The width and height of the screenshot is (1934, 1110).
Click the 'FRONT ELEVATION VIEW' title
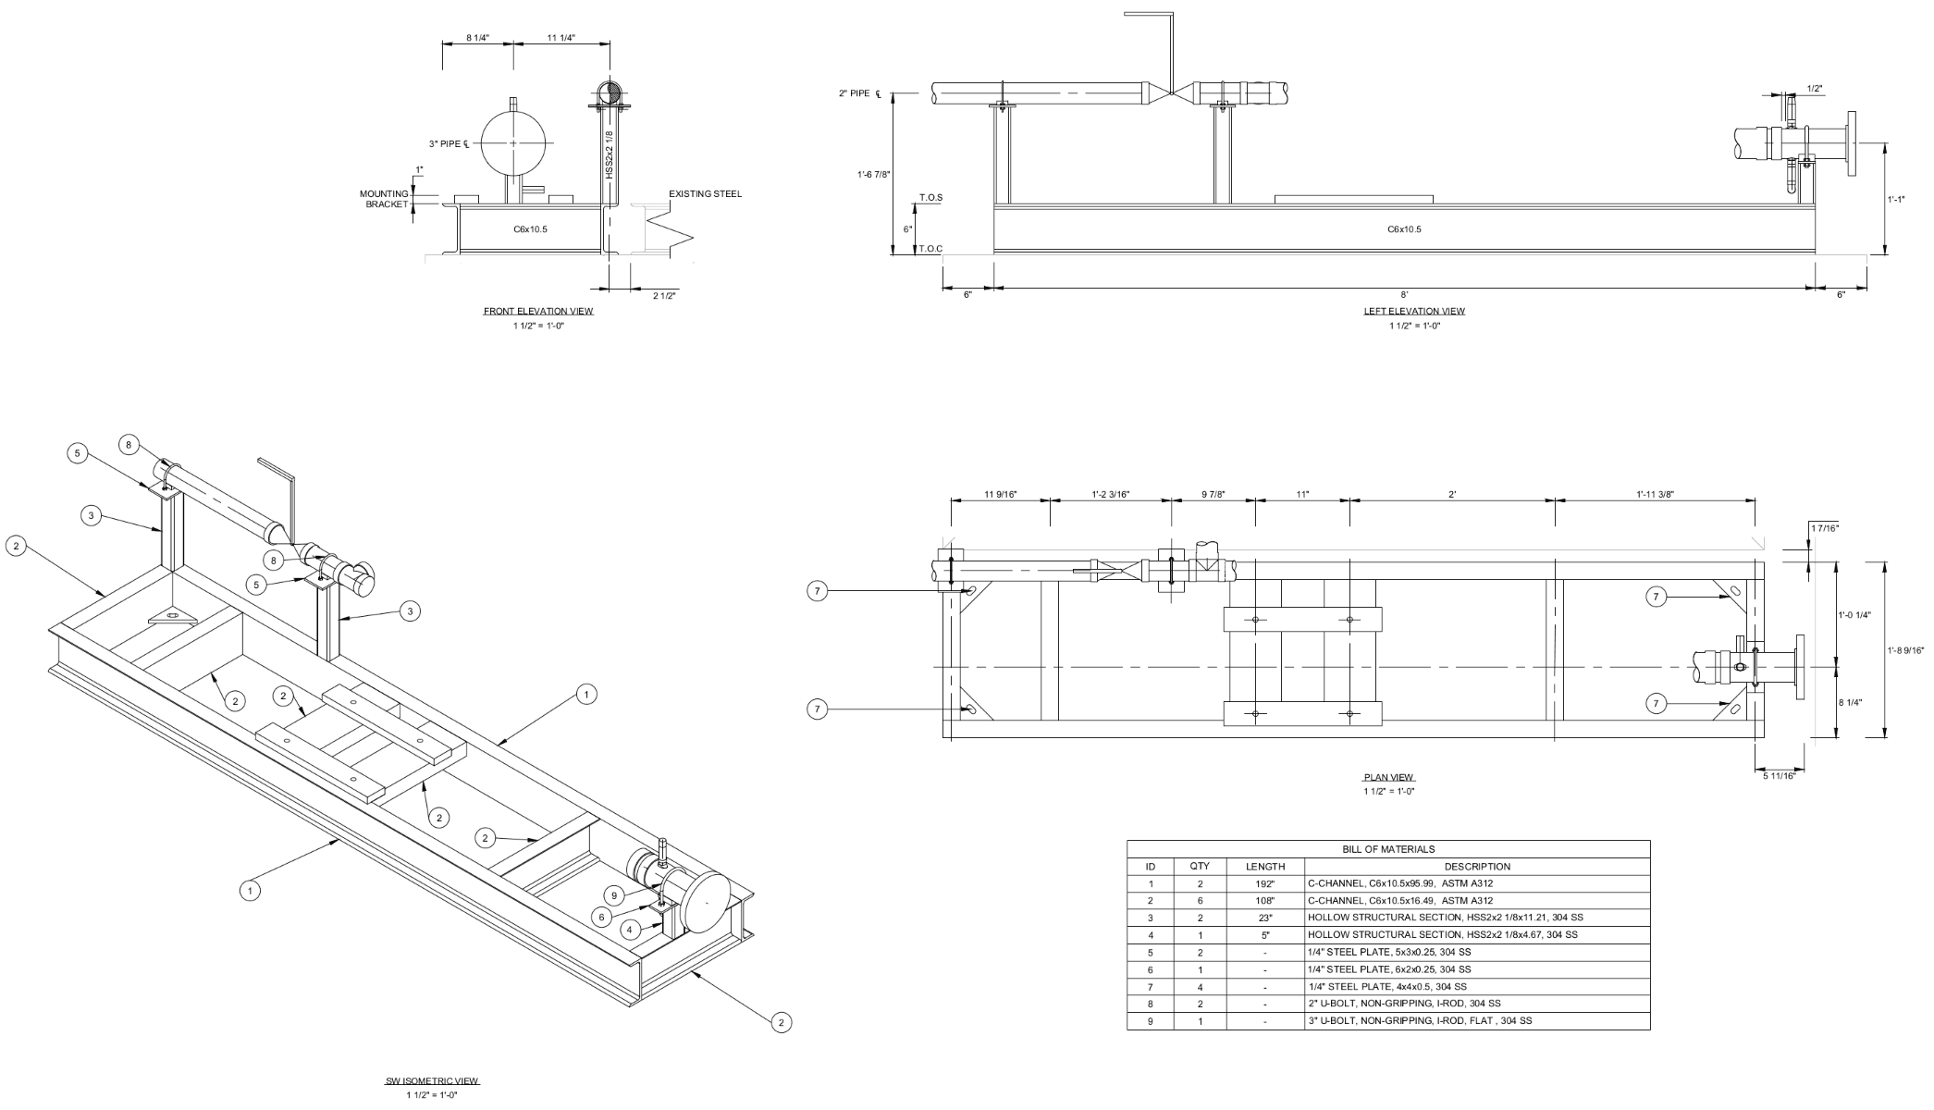coord(538,311)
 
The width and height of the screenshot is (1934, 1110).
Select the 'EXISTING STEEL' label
coord(705,194)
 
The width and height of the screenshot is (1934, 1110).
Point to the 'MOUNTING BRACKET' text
coord(384,199)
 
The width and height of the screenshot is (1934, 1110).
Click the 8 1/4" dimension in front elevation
coord(477,38)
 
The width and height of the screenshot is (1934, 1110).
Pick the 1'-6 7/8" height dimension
coord(874,174)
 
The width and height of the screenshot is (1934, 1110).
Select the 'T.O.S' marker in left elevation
coord(930,198)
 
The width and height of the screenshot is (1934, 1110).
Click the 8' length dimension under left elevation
coord(1404,294)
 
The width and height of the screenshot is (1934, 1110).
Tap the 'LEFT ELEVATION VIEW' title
coord(1414,311)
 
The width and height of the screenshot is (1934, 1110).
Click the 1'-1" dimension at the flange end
coord(1896,198)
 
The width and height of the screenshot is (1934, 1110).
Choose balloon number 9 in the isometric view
coord(614,895)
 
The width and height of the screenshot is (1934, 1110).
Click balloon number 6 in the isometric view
coord(601,917)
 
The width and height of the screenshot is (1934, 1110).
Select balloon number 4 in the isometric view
coord(630,929)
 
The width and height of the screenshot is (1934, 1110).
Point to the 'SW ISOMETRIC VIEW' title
coord(432,1080)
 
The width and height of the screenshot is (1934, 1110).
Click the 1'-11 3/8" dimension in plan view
coord(1655,494)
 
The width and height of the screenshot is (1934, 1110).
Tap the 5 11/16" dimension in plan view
coord(1779,775)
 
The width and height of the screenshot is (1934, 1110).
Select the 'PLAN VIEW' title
coord(1389,777)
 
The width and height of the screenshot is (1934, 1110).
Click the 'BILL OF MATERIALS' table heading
coord(1388,848)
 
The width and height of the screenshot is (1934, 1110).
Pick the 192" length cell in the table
coord(1265,884)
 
